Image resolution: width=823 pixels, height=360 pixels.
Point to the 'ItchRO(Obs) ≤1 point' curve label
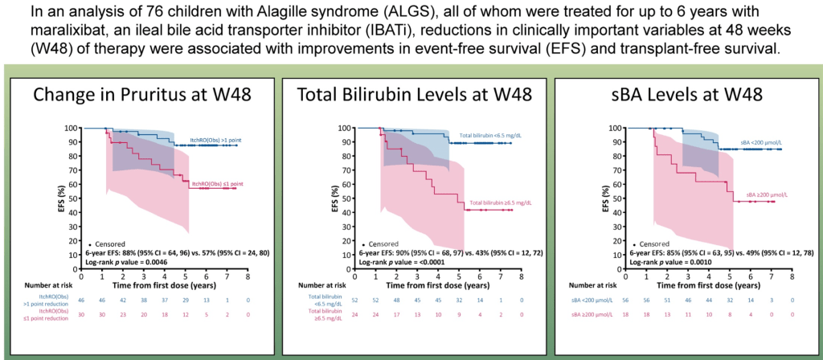click(211, 183)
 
